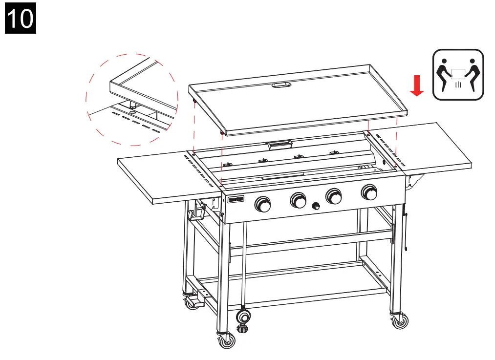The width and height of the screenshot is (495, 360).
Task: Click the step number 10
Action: pos(21,19)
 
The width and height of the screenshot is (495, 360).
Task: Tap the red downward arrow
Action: pos(416,86)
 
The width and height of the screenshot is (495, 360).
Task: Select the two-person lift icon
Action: pos(458,74)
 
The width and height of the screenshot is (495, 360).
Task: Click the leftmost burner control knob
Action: pos(263,204)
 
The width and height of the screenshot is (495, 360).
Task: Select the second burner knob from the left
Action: pos(298,199)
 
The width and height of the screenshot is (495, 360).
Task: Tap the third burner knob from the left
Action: pos(334,196)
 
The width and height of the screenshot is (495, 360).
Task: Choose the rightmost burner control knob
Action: pos(369,192)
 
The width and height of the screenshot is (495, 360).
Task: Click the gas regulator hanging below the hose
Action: pos(242,318)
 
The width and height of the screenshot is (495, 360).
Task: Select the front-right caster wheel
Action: pos(400,320)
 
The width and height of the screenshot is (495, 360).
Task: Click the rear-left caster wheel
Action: pos(190,303)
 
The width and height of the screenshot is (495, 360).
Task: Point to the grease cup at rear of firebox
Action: pos(279,145)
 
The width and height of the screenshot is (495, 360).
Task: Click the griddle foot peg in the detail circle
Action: pos(132,104)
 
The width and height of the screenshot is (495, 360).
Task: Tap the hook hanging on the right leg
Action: pos(406,230)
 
